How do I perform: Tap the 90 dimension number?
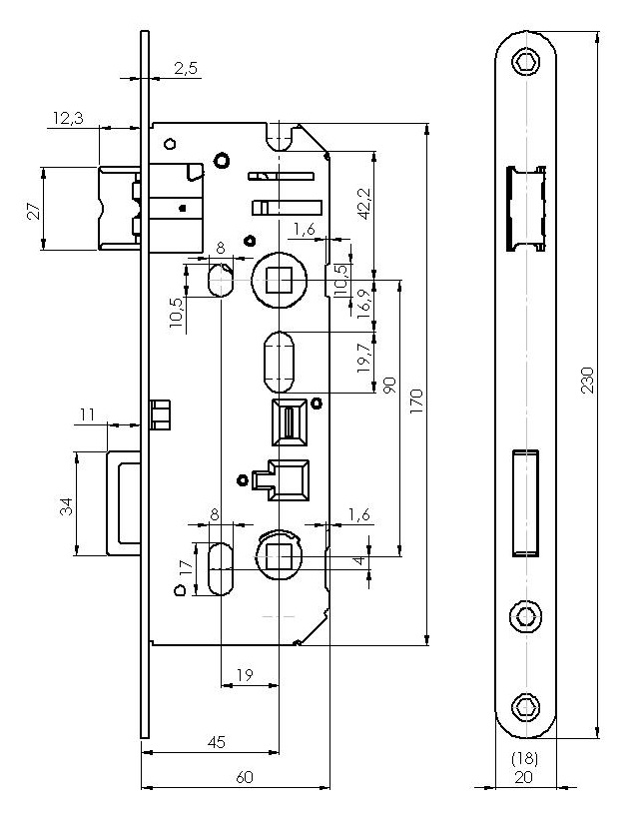point(389,387)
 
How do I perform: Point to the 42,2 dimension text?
point(363,203)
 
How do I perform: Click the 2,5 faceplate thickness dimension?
point(186,67)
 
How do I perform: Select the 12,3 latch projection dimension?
point(69,119)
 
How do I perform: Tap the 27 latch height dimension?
point(32,211)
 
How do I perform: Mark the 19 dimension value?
point(245,676)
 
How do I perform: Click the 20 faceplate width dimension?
point(524,776)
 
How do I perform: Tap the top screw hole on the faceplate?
point(525,64)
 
